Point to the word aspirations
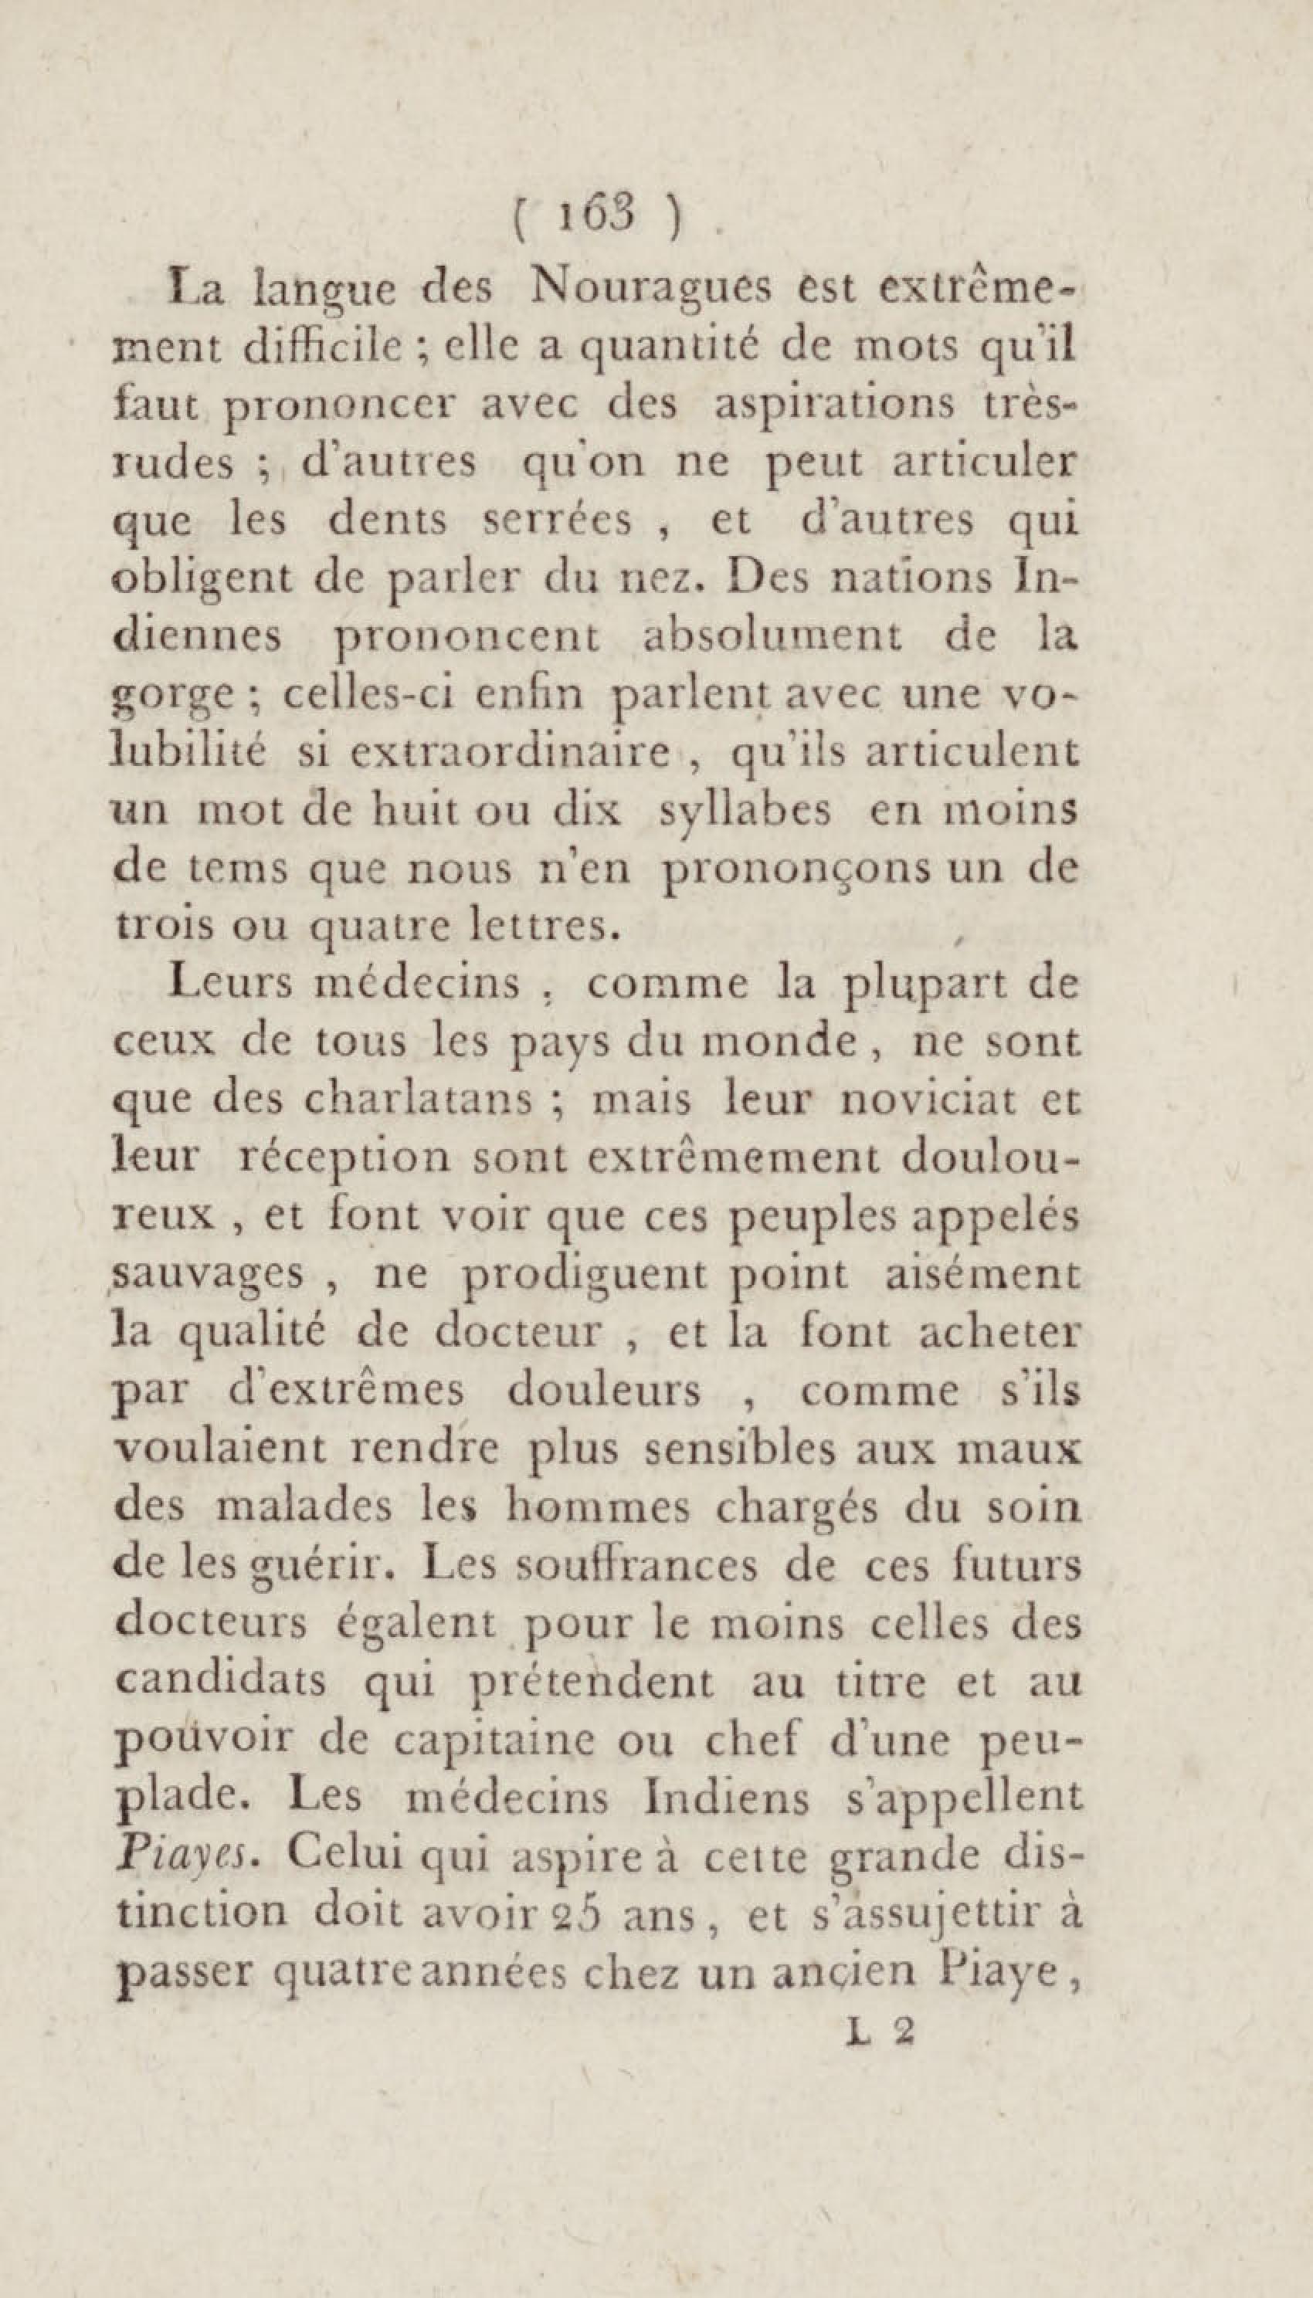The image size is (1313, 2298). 834,405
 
